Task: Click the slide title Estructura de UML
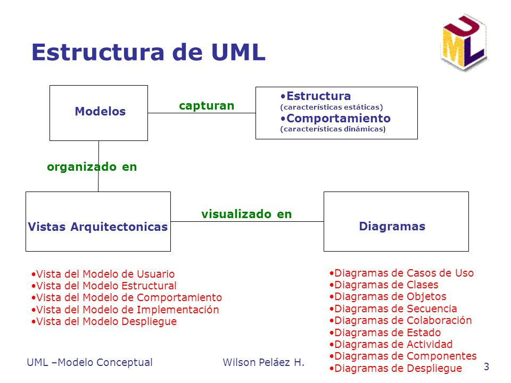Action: coord(148,53)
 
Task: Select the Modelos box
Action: coord(99,112)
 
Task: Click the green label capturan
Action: coord(207,106)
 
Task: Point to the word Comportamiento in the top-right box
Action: coord(338,118)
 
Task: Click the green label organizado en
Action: coord(92,167)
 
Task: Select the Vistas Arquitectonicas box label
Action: coord(97,227)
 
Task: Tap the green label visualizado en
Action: coord(246,214)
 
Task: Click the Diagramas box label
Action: coord(392,227)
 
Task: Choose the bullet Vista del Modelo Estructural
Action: coord(104,286)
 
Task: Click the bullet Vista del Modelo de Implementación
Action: coord(126,310)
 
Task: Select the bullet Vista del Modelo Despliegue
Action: coord(104,321)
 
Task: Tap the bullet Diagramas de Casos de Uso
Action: coord(402,273)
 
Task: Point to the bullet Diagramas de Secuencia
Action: coord(393,309)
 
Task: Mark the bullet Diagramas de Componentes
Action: coord(403,356)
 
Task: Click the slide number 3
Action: coord(486,366)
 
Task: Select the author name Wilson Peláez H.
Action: coord(263,363)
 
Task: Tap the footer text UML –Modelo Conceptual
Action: coord(89,363)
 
